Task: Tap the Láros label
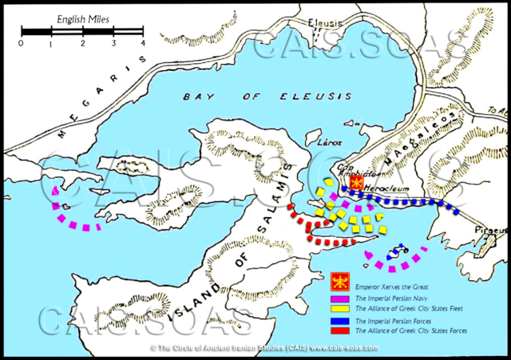330,143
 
